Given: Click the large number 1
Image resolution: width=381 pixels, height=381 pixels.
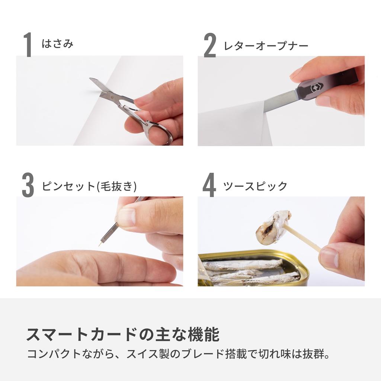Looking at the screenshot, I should [x=28, y=45].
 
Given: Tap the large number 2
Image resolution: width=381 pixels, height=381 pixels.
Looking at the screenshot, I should [x=210, y=45].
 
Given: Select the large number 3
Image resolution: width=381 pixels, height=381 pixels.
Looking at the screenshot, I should [x=28, y=186].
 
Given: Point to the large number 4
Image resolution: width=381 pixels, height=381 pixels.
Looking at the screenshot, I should [x=209, y=186].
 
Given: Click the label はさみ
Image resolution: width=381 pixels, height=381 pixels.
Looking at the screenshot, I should [x=57, y=44].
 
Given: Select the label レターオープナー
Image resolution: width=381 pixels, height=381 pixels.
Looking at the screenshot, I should [x=266, y=46].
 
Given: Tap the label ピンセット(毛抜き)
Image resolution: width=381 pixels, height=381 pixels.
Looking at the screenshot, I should [x=89, y=186].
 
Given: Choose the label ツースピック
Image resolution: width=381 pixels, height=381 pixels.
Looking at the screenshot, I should [x=255, y=186].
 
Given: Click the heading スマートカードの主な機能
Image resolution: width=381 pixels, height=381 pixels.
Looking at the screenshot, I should [x=123, y=334].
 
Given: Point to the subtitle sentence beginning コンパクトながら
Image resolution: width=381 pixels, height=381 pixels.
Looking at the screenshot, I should [x=178, y=354].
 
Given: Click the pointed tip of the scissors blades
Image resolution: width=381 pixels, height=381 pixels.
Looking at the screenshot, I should [x=92, y=80].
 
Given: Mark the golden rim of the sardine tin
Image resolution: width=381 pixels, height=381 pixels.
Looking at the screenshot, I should [x=260, y=253].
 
